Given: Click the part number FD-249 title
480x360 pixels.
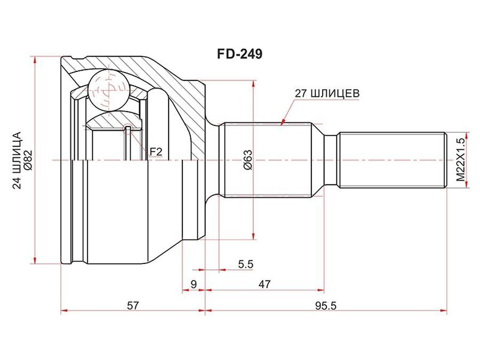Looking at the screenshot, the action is tap(239, 54).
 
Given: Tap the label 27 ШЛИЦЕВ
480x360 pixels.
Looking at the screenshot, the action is tap(326, 93).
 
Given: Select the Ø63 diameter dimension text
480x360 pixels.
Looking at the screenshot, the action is tap(247, 160).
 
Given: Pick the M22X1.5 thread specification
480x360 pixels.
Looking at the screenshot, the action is tap(461, 160).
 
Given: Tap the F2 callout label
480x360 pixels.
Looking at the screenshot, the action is tap(156, 151).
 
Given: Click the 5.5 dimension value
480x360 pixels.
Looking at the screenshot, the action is tap(246, 264).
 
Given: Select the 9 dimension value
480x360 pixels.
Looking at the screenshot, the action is tap(194, 284).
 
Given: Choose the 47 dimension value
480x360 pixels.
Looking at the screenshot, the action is tap(265, 284).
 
